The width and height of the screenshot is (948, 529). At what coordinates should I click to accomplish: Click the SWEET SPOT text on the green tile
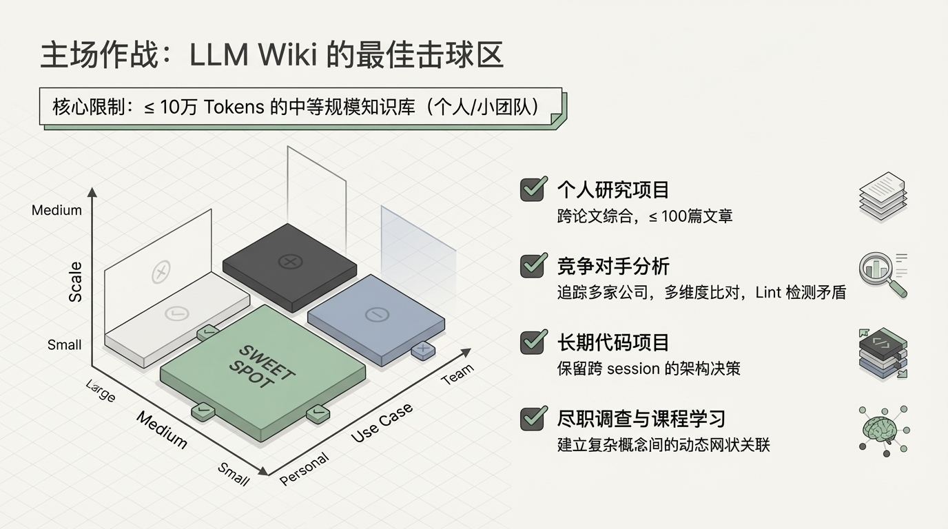pos(262,365)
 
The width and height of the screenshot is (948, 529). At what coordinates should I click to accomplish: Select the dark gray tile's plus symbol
pos(290,262)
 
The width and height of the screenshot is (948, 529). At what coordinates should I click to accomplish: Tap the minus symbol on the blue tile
pos(377,315)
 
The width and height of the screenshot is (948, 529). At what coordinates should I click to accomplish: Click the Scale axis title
pos(75,282)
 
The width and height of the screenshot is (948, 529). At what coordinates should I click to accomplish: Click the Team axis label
pos(457,374)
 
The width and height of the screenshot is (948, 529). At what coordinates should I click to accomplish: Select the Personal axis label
pos(305,470)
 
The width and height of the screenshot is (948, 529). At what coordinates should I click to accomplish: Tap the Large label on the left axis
pos(101,391)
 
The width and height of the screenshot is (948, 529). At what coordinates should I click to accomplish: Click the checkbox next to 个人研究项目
pos(533,189)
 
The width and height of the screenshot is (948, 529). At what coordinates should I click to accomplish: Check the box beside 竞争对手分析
pos(533,265)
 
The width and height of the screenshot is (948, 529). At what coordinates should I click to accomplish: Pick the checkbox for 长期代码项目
pos(533,342)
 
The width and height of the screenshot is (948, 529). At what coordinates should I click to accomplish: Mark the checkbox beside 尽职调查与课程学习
pos(533,418)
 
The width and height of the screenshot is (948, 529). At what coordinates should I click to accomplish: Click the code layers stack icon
pos(883,353)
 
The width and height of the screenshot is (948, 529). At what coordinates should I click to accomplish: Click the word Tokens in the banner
pos(236,107)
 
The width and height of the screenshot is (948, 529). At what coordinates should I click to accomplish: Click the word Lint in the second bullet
pos(768,292)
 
